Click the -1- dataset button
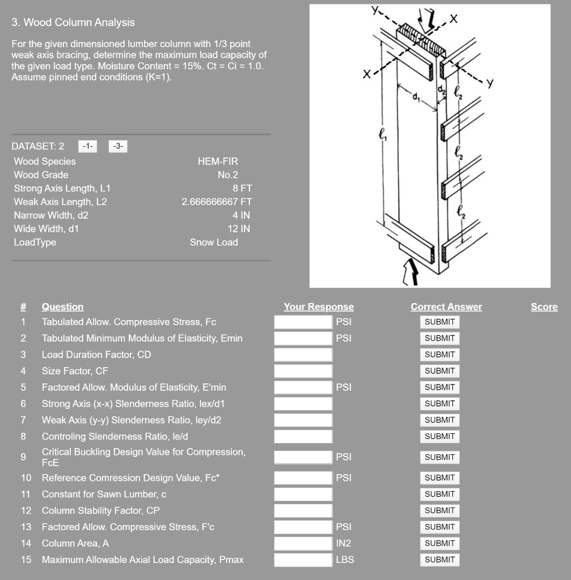tap(87, 146)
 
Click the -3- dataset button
tap(117, 146)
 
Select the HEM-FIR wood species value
tap(218, 161)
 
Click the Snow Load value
tap(214, 242)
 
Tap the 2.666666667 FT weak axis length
tap(217, 202)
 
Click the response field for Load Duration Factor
tap(303, 355)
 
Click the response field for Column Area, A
tap(303, 543)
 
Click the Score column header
tap(544, 307)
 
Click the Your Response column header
tap(318, 307)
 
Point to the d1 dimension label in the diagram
tap(417, 97)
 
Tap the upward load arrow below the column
tap(411, 272)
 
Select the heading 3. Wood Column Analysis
tap(73, 23)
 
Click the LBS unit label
tap(345, 560)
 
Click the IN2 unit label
tap(344, 543)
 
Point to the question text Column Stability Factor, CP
tap(100, 510)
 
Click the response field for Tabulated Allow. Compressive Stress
tap(303, 322)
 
